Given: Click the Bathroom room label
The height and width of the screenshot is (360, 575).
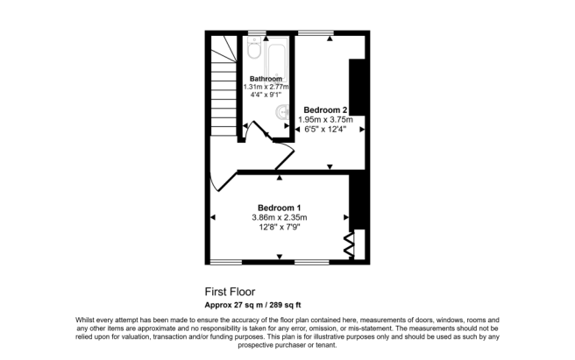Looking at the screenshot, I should coord(266,79).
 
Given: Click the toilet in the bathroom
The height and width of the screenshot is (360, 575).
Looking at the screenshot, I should coord(253,51).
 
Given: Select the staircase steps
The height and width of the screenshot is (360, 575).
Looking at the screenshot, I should coord(223,88).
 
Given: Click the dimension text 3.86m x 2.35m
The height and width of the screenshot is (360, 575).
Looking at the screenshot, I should coord(280,217).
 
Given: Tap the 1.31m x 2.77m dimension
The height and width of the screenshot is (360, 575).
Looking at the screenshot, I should coord(267,88).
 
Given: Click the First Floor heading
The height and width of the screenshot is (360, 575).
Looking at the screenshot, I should coord(231,292).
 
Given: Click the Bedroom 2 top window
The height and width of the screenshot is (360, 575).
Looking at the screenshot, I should coord(315,33).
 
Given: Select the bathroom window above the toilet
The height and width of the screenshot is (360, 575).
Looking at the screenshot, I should coord(256,33).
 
